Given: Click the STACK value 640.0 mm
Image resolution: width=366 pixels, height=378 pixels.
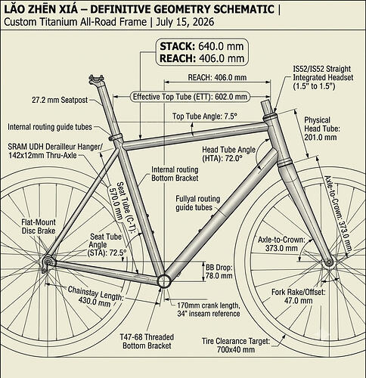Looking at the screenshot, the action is click(221, 46).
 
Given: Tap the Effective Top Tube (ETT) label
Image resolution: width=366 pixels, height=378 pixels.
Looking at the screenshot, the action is click(190, 97).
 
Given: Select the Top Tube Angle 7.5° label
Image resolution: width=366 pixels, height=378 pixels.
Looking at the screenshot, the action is click(205, 116).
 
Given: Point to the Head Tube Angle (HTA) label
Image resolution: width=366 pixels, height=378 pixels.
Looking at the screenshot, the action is click(228, 154).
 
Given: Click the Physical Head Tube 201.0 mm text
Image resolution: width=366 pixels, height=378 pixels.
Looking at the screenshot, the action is click(321, 129).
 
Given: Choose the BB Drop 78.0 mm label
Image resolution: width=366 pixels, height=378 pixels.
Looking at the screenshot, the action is click(219, 271).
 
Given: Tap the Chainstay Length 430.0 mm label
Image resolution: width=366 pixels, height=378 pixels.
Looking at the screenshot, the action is click(95, 296).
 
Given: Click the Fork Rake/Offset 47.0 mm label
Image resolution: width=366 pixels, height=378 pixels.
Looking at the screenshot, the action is click(298, 296).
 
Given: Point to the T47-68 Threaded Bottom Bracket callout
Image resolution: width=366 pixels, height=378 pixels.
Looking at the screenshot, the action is click(147, 341).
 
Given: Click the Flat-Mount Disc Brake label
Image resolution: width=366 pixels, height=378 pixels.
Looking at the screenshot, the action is click(39, 227).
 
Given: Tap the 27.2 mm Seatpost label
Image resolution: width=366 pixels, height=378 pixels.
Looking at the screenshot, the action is click(60, 100).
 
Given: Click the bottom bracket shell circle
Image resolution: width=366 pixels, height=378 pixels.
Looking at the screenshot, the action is click(165, 281).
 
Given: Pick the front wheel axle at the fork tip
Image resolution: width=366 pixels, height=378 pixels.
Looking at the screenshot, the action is click(329, 262).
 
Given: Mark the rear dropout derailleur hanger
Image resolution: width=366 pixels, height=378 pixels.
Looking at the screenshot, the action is click(47, 263).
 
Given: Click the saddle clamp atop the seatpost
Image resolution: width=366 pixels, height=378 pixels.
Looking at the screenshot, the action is click(96, 79).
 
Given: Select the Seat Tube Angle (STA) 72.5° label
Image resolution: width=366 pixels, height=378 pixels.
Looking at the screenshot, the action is click(107, 245).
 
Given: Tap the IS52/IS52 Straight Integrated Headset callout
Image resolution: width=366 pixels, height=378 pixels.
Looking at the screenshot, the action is click(323, 77).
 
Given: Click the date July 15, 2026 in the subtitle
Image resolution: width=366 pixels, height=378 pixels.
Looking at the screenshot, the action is click(185, 22).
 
